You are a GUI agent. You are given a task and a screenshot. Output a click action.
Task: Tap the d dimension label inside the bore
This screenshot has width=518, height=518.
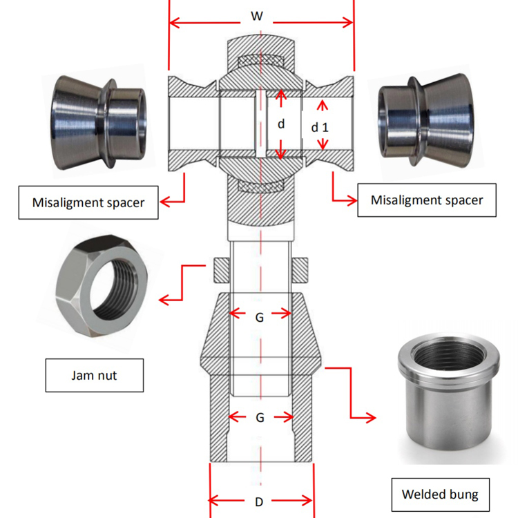pos(281,125)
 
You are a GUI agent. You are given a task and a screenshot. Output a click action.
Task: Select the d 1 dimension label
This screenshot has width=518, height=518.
pos(319,127)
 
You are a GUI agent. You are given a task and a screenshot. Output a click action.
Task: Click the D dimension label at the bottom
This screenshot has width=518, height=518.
pos(259,502)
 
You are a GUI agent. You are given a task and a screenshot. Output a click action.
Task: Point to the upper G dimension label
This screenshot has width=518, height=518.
pos(259,317)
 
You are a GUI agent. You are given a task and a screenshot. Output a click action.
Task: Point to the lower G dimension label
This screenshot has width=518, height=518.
pos(260,418)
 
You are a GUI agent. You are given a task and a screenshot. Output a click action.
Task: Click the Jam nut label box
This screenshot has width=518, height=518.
pos(95,375)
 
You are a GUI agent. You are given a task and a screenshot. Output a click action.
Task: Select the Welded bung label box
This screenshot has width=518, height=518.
pos(440,495)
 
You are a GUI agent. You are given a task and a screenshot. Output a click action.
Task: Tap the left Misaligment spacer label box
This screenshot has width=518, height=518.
pos(88,203)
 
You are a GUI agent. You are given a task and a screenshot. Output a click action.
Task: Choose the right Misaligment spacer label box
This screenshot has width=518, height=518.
pos(426,200)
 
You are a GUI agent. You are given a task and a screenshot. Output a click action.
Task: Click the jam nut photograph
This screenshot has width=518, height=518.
pos(102,285)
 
